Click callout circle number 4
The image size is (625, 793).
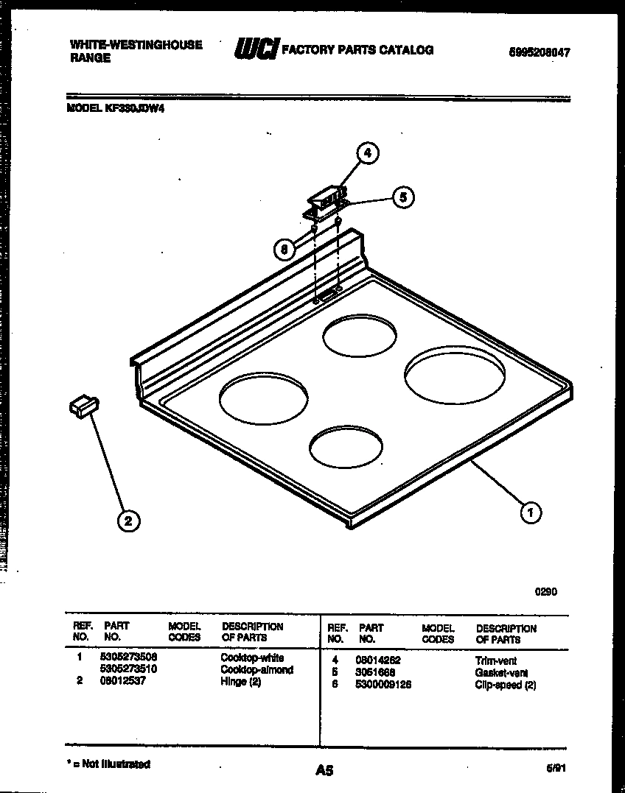coord(368,153)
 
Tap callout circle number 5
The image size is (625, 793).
coord(402,197)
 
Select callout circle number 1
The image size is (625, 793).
coord(530,512)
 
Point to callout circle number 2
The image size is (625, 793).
coord(128,521)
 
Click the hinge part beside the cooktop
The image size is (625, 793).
coord(84,406)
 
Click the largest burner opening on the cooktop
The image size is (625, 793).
coord(455,377)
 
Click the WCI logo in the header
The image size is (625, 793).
coord(255,49)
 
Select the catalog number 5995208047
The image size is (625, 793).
coord(539,53)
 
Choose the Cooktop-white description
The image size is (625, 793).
coord(252,658)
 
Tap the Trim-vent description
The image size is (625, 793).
coord(496,661)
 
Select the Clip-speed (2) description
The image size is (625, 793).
coord(505,685)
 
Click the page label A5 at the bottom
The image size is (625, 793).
coord(324,770)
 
